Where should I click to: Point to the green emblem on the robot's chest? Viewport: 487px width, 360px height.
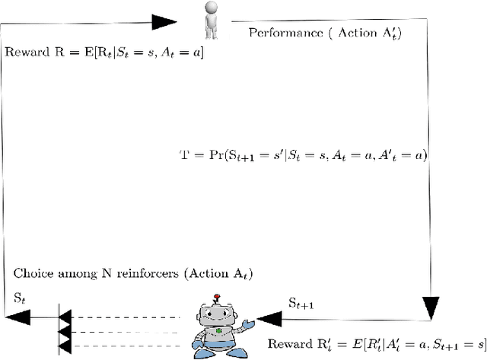coord(219,332)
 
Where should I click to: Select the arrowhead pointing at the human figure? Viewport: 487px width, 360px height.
coord(167,21)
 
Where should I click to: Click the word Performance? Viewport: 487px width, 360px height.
coord(280,33)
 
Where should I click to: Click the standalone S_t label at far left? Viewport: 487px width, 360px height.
coord(20,298)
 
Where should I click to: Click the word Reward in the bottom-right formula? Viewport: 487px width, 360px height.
coord(285,343)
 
